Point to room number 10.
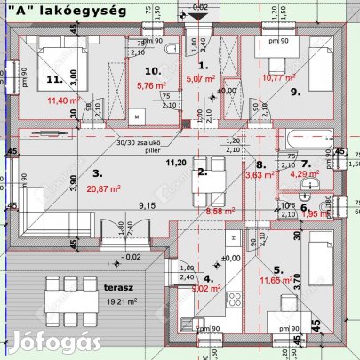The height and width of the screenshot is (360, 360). tap(152, 70)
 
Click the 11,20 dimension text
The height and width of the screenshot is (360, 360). tap(176, 162)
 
